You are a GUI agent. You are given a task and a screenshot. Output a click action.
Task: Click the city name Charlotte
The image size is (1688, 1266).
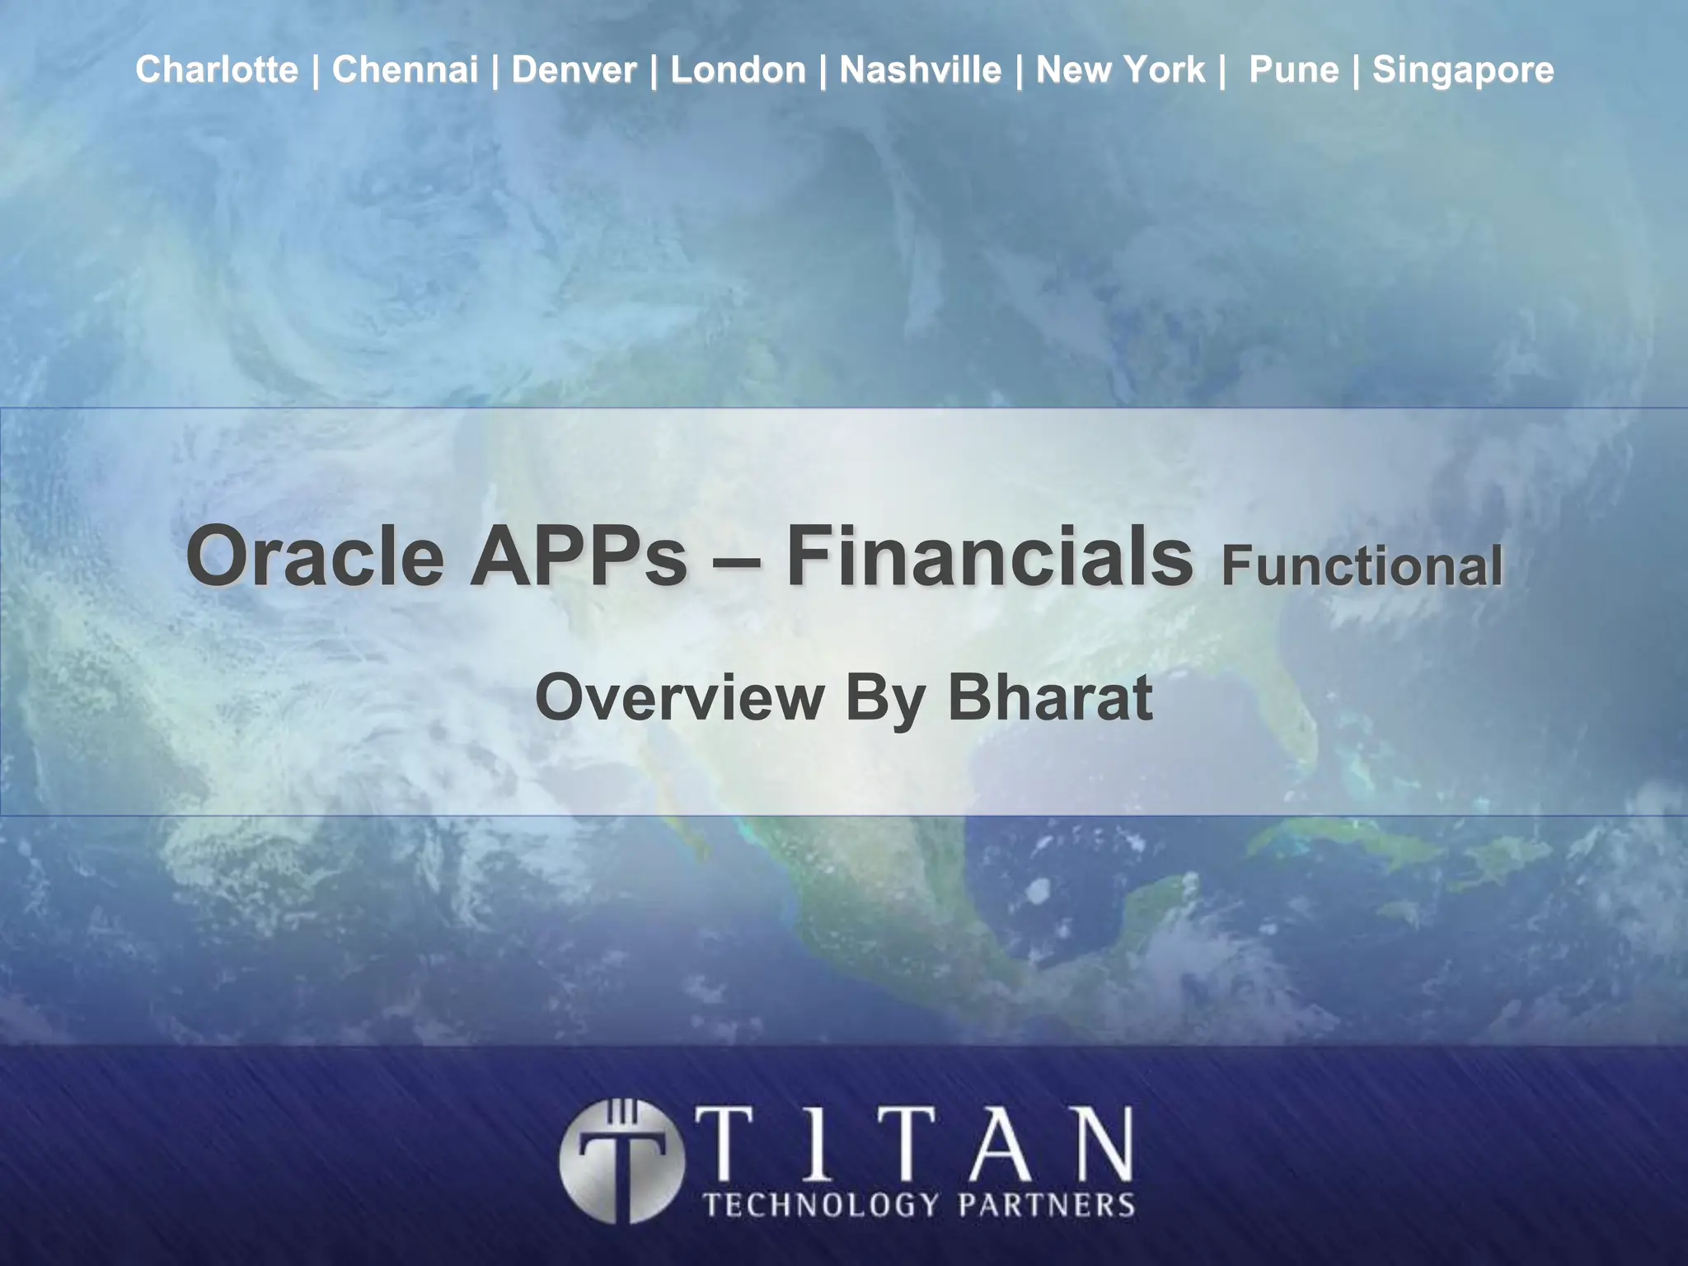217,70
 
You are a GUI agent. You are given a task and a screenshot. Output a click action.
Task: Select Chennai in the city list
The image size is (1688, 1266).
405,70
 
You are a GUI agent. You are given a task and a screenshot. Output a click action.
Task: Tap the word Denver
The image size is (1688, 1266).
574,70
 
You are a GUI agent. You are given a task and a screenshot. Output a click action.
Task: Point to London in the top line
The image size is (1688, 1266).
738,70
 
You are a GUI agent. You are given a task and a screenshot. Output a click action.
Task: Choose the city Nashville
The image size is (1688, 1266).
920,70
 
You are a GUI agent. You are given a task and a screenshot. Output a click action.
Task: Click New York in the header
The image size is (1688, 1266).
1120,70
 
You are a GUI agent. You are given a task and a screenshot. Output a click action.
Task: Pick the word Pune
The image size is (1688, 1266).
1293,70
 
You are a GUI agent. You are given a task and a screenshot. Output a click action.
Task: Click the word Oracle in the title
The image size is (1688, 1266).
315,557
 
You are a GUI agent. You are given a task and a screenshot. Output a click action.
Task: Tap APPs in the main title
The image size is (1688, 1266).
578,557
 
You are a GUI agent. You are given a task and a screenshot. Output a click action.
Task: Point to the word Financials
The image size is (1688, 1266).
989,557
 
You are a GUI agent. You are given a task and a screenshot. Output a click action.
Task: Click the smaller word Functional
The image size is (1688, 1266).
1362,567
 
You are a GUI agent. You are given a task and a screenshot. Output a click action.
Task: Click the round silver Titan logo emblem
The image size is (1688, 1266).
621,1160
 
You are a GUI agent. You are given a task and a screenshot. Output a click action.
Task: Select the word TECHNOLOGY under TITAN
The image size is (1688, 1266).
821,1205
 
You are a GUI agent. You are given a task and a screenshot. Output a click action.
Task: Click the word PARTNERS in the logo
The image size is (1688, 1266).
1046,1205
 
